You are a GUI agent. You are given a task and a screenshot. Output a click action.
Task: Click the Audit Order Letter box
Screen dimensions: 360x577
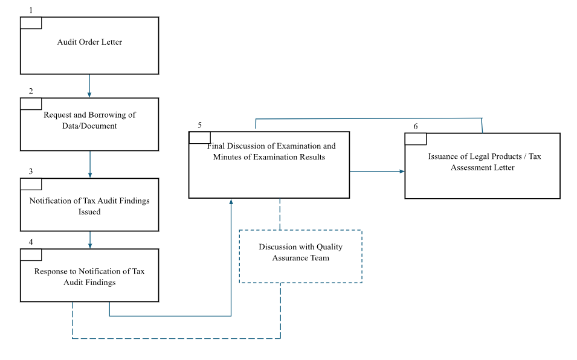(x=89, y=46)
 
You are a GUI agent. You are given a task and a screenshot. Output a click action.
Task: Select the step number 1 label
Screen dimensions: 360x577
(x=31, y=10)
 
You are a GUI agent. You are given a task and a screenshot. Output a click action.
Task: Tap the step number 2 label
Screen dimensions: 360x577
(x=31, y=91)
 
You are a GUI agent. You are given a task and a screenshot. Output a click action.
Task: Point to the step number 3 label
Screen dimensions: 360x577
(x=31, y=172)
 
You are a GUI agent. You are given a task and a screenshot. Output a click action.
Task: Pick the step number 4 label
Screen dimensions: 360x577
(x=31, y=242)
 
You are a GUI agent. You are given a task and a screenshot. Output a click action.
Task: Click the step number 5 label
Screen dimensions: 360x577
(x=200, y=125)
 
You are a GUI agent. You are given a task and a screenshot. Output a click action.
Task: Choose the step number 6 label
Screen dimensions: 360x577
(x=416, y=126)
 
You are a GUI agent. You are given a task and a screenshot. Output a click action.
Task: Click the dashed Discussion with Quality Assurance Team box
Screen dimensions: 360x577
(x=301, y=256)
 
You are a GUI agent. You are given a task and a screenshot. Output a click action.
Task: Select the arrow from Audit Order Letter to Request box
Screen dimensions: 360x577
(x=89, y=86)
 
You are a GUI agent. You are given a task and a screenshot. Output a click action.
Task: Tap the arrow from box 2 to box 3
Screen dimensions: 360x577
(x=90, y=164)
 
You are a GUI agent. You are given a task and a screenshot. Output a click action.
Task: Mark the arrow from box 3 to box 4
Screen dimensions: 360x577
(x=90, y=240)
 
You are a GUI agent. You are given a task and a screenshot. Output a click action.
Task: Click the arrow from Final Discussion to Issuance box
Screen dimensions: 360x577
(x=377, y=172)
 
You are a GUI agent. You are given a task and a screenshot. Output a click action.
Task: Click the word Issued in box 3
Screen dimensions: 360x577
(x=89, y=212)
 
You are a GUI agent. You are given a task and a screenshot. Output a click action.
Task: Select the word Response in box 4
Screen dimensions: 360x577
(x=51, y=271)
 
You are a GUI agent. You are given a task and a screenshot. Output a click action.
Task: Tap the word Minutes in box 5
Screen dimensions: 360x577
(x=226, y=157)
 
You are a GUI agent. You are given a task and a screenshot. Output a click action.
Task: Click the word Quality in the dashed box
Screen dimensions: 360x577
(x=329, y=246)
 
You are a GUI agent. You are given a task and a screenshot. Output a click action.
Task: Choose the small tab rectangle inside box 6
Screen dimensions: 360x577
(x=416, y=140)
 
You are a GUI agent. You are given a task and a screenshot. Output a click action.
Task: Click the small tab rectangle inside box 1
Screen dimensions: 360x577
(x=31, y=23)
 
